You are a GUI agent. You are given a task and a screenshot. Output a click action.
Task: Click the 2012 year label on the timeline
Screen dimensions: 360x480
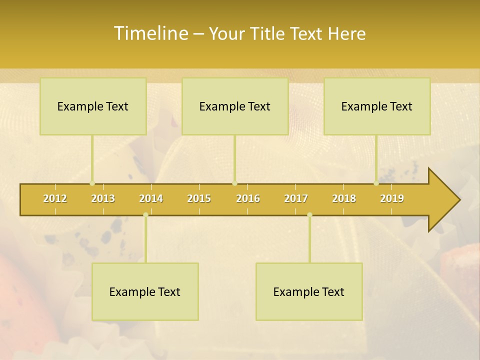[55, 198]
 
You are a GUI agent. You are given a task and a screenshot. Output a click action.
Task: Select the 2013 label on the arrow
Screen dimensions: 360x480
[103, 198]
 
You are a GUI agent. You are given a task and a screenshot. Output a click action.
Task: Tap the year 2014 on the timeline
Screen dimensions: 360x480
[151, 198]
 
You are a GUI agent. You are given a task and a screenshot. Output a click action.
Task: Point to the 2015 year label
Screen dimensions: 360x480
[199, 198]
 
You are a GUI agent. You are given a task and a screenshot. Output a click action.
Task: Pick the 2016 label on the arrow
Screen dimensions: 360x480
[248, 198]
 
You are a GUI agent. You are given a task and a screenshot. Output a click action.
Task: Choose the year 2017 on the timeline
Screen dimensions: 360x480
[296, 198]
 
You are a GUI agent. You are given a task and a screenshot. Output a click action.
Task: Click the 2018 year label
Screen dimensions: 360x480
[344, 198]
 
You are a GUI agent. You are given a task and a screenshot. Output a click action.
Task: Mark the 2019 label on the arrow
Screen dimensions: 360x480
[392, 198]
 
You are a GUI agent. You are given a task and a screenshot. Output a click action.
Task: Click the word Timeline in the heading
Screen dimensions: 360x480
[150, 33]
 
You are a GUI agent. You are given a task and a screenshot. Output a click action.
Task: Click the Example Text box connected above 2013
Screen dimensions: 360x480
[93, 106]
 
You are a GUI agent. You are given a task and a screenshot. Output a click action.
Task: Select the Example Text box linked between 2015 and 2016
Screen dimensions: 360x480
[235, 106]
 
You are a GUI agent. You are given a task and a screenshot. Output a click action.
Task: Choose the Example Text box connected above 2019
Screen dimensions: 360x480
[377, 106]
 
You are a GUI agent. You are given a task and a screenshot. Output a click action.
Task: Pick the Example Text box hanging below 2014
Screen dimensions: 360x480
[145, 291]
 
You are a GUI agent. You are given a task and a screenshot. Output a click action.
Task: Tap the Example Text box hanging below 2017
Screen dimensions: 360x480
[309, 291]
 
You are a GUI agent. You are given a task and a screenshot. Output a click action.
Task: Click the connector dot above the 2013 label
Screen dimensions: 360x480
[92, 183]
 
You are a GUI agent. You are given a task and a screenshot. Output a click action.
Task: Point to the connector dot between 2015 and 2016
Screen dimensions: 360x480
[235, 183]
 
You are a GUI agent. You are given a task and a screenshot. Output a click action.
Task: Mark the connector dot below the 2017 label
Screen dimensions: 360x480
[309, 215]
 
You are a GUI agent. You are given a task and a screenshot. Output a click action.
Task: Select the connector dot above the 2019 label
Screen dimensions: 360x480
[376, 183]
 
